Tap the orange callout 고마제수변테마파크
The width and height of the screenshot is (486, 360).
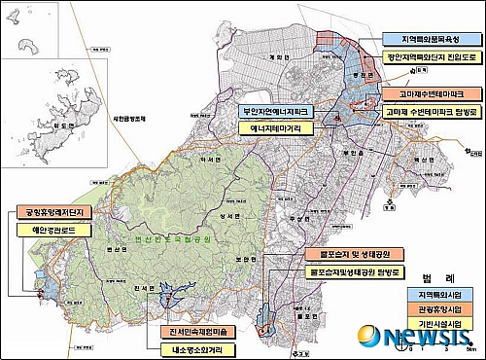[x=420, y=94]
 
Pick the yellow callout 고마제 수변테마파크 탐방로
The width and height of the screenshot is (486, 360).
[x=420, y=113]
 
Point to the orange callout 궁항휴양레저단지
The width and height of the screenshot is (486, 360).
[x=52, y=212]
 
